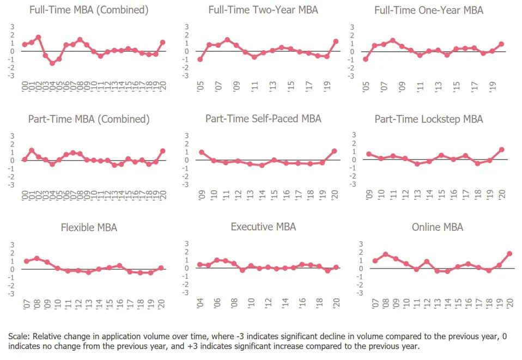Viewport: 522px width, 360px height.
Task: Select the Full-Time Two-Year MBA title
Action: pyautogui.click(x=263, y=10)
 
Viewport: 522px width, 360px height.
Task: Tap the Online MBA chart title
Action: pyautogui.click(x=438, y=227)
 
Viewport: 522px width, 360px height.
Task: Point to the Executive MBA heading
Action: pyautogui.click(x=263, y=227)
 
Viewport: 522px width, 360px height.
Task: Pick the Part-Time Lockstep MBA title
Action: pyautogui.click(x=429, y=119)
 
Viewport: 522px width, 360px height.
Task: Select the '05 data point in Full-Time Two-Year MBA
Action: pyautogui.click(x=201, y=59)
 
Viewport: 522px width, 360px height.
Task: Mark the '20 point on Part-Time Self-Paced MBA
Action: pyautogui.click(x=335, y=151)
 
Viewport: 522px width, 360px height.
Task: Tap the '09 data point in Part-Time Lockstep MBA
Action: pyautogui.click(x=369, y=154)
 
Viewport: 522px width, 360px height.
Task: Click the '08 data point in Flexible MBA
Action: pyautogui.click(x=37, y=258)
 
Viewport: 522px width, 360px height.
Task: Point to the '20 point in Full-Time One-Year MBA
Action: pyautogui.click(x=501, y=44)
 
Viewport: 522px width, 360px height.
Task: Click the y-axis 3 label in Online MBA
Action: pyautogui.click(x=361, y=243)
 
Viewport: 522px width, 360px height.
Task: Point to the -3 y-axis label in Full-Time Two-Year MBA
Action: pyautogui.click(x=186, y=76)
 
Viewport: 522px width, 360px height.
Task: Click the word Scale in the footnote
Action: pyautogui.click(x=18, y=336)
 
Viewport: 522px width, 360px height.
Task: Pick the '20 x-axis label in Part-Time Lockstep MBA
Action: pyautogui.click(x=501, y=194)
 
